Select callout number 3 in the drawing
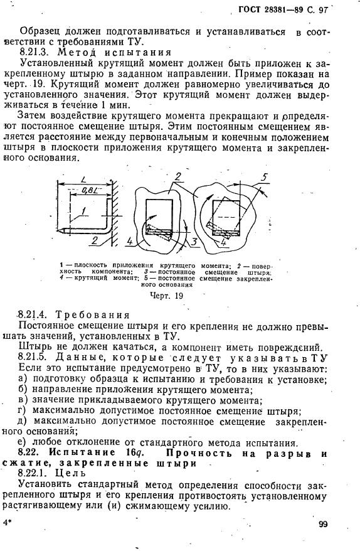pyautogui.click(x=195, y=242)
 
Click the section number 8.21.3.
pyautogui.click(x=37, y=52)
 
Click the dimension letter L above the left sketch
pyautogui.click(x=83, y=179)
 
